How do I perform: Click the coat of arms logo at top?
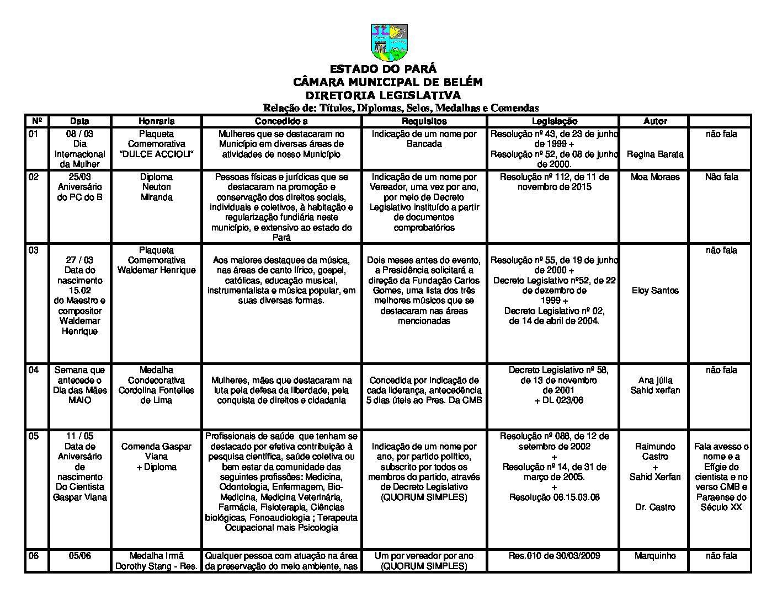pyautogui.click(x=388, y=42)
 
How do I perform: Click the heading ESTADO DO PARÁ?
pyautogui.click(x=383, y=69)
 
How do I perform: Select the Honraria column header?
pyautogui.click(x=157, y=121)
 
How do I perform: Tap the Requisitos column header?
pyautogui.click(x=424, y=121)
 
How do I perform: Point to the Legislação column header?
pyautogui.click(x=554, y=121)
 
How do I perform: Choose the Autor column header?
pyautogui.click(x=655, y=121)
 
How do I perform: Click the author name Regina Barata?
pyautogui.click(x=655, y=154)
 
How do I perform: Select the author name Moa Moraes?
pyautogui.click(x=655, y=177)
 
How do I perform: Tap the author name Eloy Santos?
pyautogui.click(x=655, y=291)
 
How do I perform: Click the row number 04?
pyautogui.click(x=34, y=370)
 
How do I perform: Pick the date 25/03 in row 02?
pyautogui.click(x=80, y=177)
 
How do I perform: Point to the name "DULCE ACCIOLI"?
pyautogui.click(x=157, y=154)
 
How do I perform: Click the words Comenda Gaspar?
pyautogui.click(x=156, y=447)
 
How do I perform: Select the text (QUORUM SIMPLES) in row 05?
pyautogui.click(x=424, y=497)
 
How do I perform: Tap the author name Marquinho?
pyautogui.click(x=655, y=556)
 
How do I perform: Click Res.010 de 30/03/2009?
pyautogui.click(x=554, y=556)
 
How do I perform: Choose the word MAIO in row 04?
pyautogui.click(x=80, y=400)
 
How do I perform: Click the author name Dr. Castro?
pyautogui.click(x=655, y=507)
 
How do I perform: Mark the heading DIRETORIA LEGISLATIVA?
pyautogui.click(x=383, y=95)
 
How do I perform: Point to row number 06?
pyautogui.click(x=34, y=556)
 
